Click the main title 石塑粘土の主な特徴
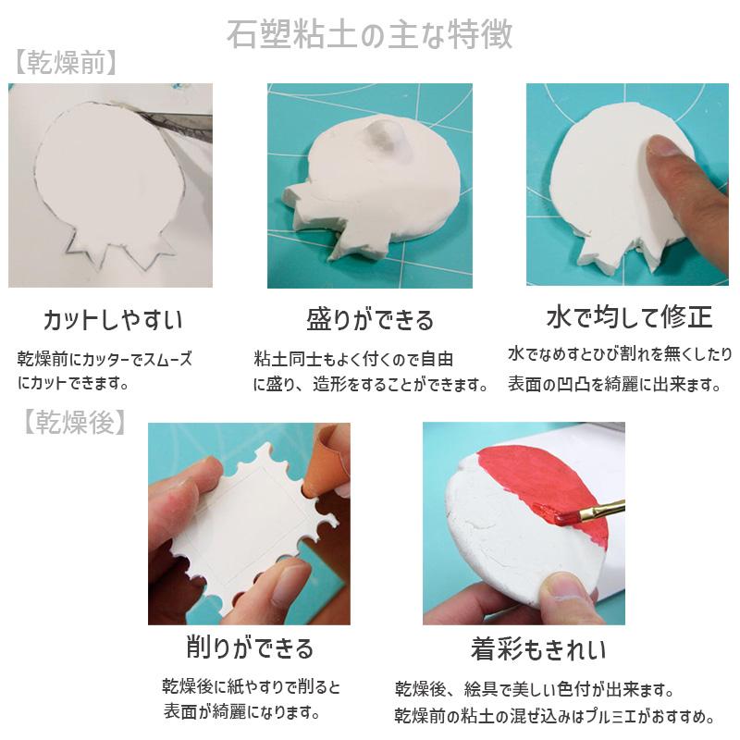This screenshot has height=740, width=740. tap(369, 34)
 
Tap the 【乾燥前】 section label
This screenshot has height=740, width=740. tap(65, 63)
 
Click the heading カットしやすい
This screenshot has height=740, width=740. tap(113, 320)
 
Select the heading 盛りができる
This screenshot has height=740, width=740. tap(370, 320)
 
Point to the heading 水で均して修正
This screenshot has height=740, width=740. tap(629, 317)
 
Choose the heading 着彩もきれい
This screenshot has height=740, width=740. tap(537, 649)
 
